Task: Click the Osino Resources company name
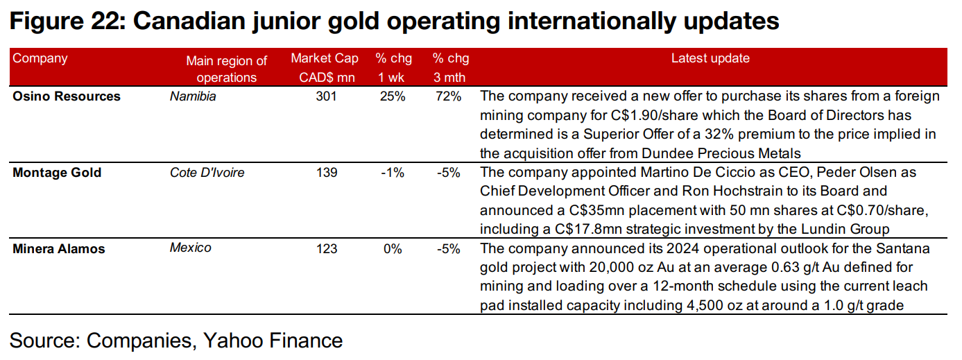[67, 96]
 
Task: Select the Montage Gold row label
[57, 173]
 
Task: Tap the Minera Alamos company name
[59, 248]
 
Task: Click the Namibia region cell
[193, 96]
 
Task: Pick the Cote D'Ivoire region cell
[207, 173]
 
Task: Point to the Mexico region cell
[191, 248]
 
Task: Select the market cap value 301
[325, 96]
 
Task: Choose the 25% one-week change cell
[392, 96]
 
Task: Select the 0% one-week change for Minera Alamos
[393, 248]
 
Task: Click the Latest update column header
[710, 59]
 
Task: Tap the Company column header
[40, 58]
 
